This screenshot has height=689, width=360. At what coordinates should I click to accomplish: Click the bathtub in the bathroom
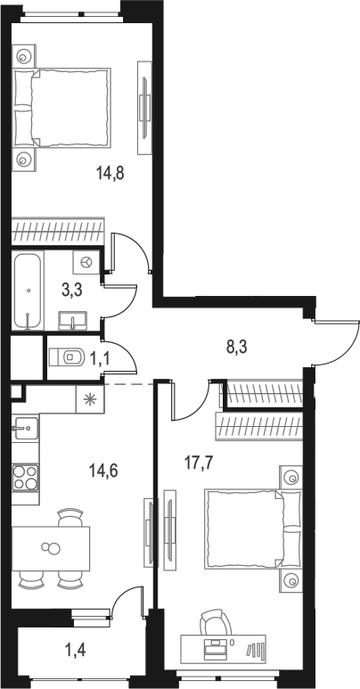29,291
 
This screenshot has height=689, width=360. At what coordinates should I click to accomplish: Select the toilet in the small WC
62,357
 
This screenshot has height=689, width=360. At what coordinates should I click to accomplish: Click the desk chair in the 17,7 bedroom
214,619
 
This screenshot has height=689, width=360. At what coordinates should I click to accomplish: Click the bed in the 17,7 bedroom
246,528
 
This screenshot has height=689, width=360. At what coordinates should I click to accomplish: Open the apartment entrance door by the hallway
331,342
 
